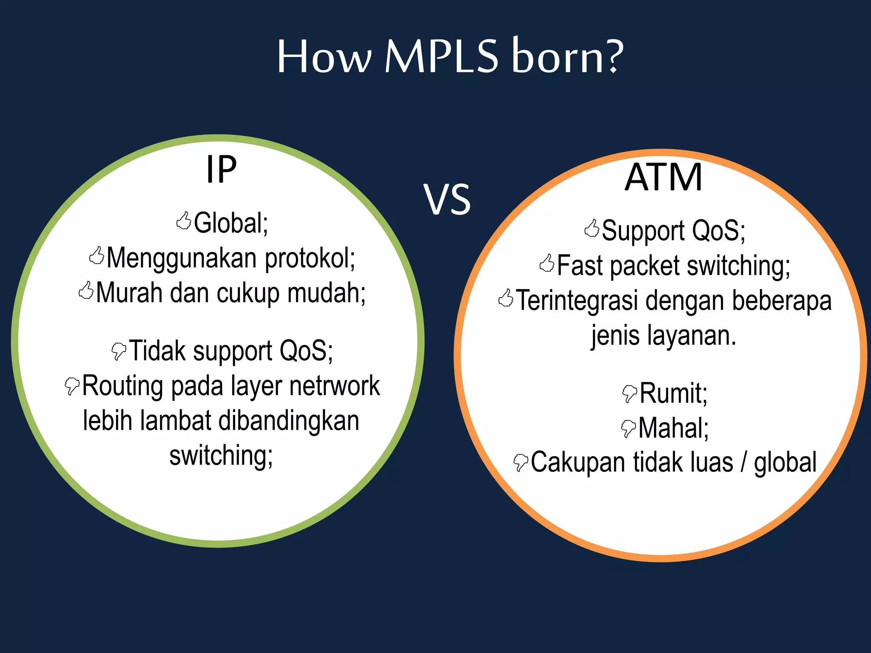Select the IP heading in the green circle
[x=221, y=169]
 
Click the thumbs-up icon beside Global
[x=184, y=221]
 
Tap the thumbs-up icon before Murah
[x=86, y=291]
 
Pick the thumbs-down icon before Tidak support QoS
[x=119, y=351]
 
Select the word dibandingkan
[x=289, y=421]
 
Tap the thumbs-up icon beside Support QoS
[x=592, y=228]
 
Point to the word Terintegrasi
[x=577, y=301]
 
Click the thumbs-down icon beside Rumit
[x=629, y=393]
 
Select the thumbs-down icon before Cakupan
[x=521, y=463]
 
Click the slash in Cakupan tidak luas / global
[x=743, y=463]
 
